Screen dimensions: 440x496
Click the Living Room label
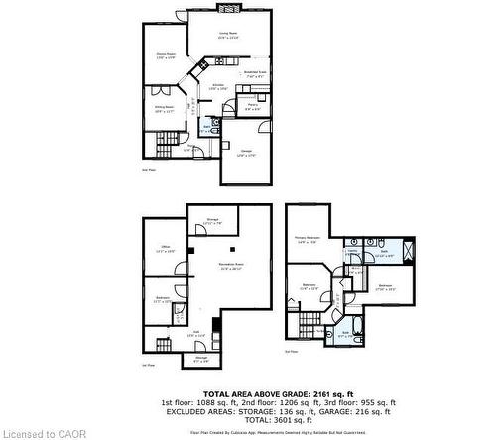(x=228, y=34)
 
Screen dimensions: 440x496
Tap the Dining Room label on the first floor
(x=166, y=55)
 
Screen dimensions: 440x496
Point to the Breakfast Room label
(x=256, y=72)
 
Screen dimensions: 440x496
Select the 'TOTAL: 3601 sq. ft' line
(x=299, y=419)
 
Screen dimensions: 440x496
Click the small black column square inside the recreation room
(x=232, y=249)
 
